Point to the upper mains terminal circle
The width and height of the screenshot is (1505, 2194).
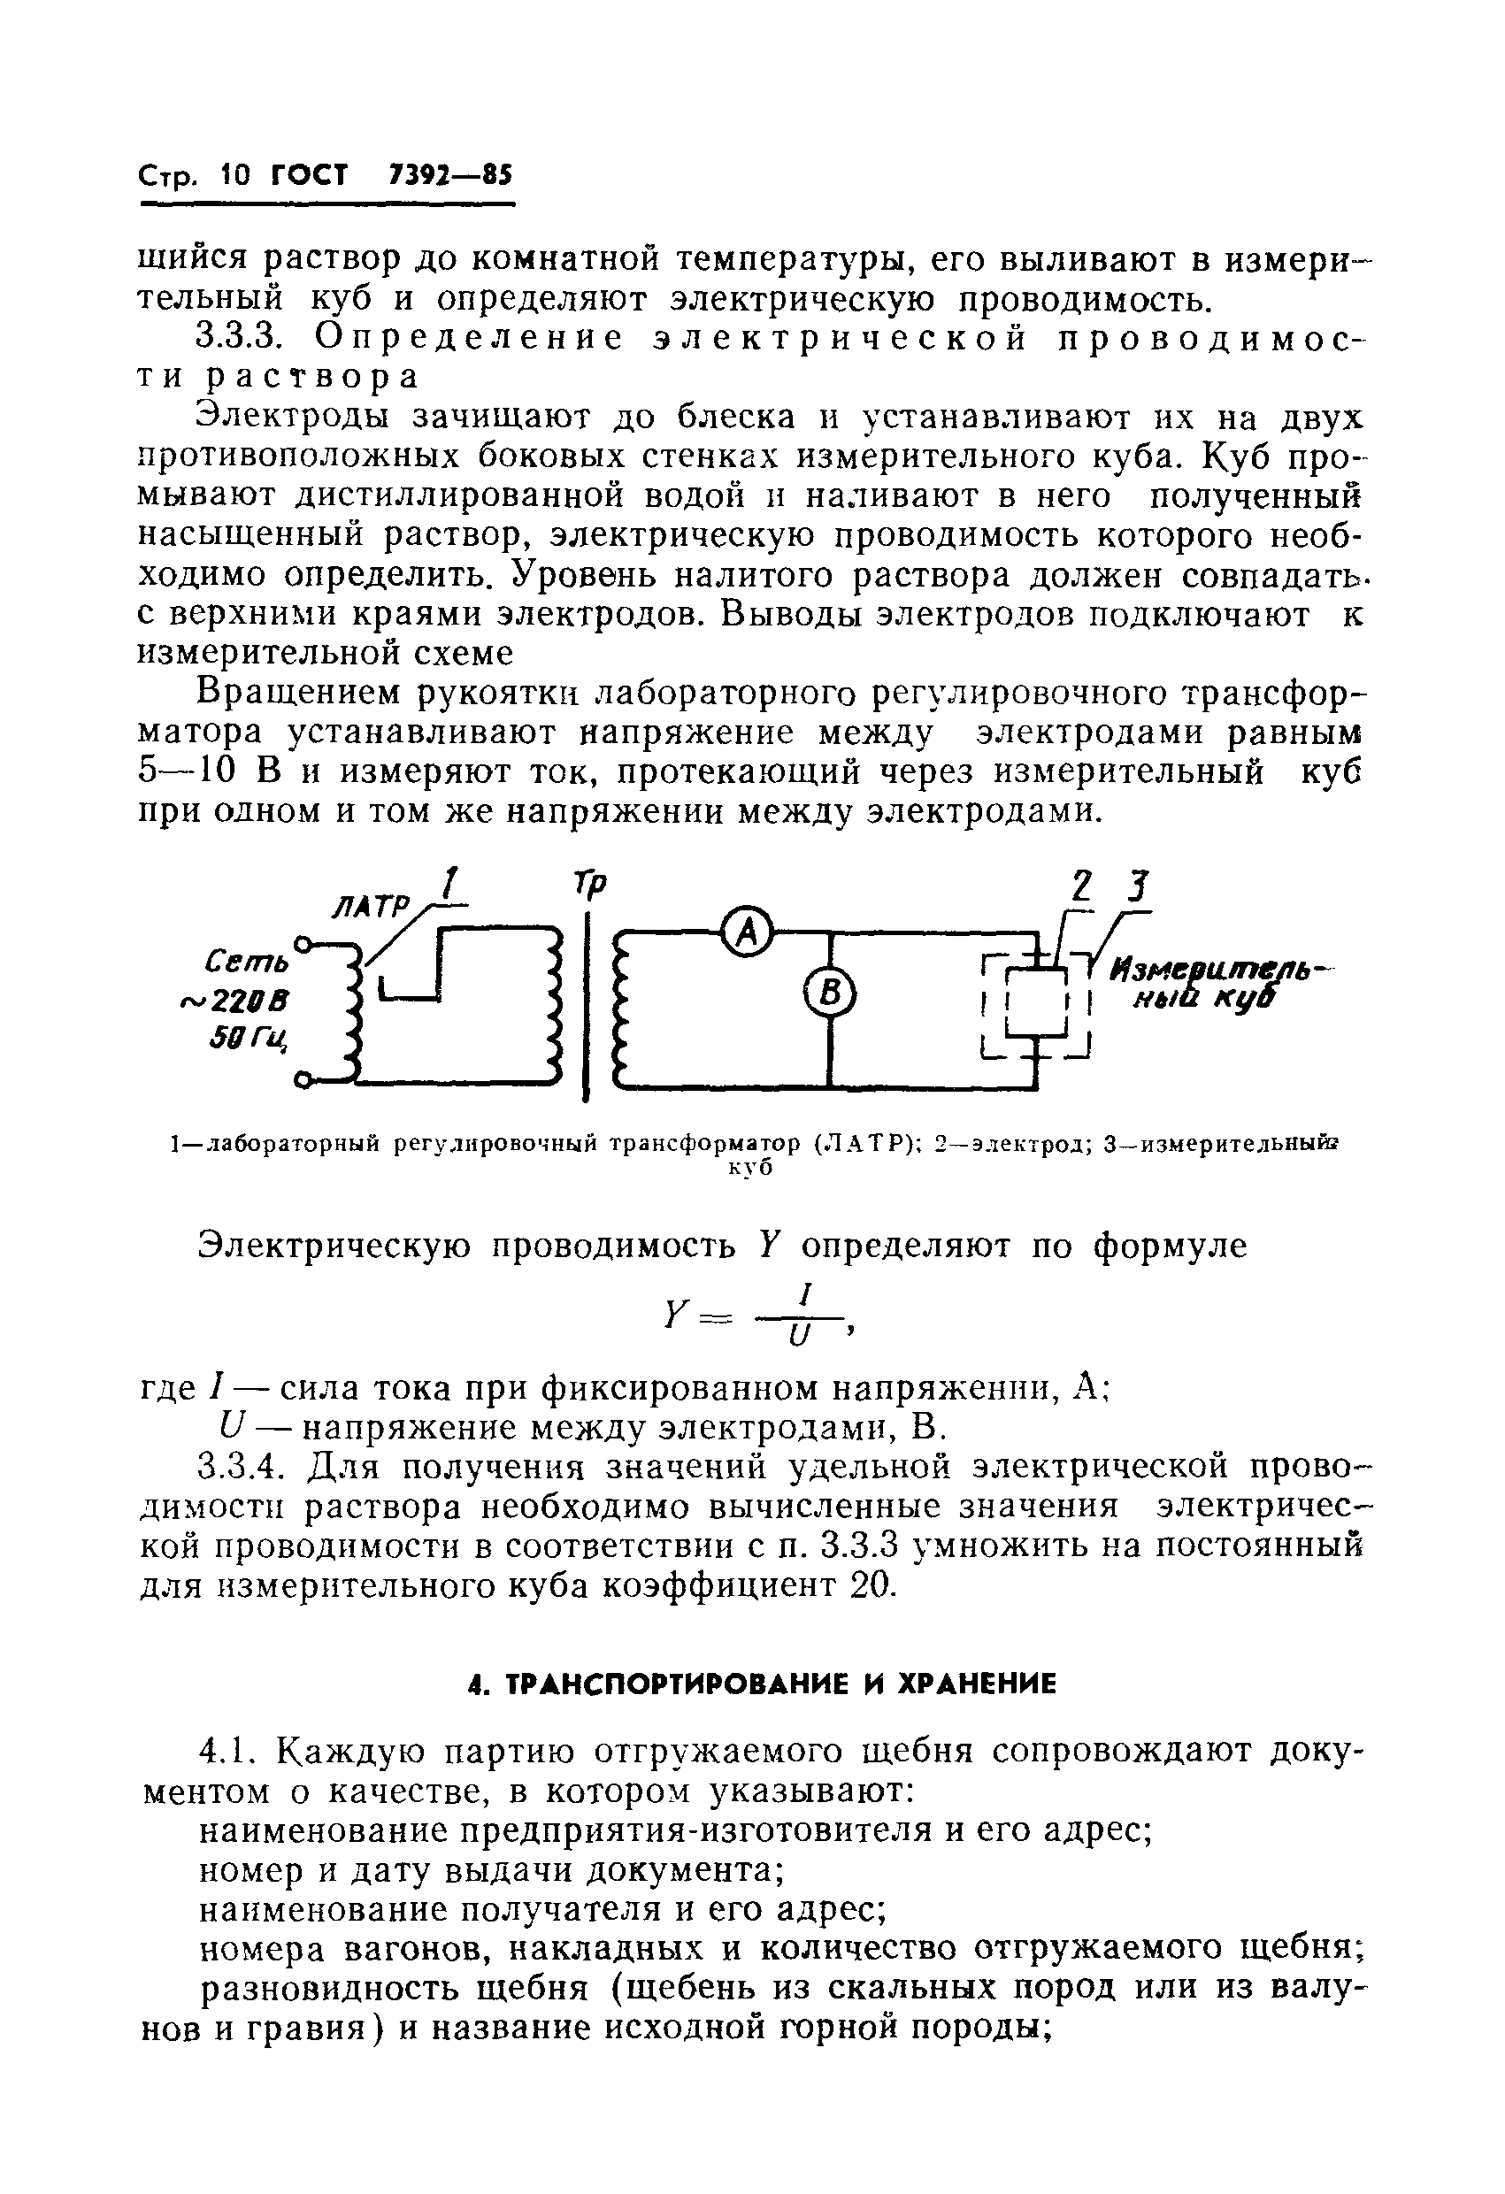(x=304, y=942)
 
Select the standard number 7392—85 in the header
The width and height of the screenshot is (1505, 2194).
(x=449, y=175)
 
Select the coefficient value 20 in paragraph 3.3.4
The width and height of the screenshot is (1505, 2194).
(x=871, y=1584)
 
